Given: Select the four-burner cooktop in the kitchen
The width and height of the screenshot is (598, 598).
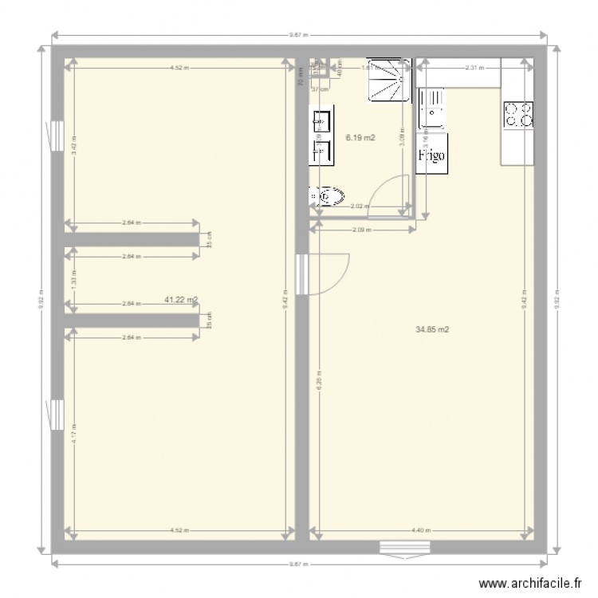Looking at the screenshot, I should coord(517,116).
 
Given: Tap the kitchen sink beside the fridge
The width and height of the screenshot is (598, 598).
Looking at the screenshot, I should coord(431,108).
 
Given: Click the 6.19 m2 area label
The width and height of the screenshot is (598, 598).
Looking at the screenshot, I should coord(360,138).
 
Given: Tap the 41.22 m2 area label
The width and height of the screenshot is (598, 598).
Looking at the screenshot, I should coord(181,300).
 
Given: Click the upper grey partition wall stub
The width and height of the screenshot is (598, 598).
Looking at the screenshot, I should coord(132,239).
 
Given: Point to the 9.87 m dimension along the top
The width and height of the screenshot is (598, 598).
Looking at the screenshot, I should coord(299,35).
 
